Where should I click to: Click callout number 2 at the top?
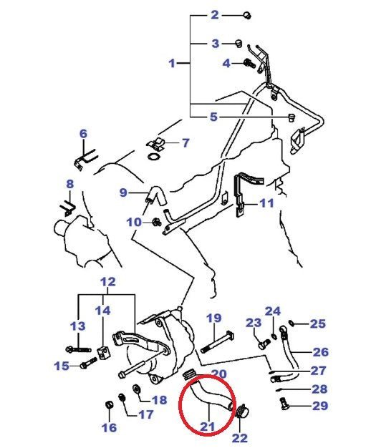coord(215,14)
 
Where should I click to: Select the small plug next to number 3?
coord(238,43)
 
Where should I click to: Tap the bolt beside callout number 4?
coord(250,63)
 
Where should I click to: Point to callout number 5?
coord(214,117)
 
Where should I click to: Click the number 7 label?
coord(185,142)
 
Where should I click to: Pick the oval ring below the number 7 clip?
coord(154,157)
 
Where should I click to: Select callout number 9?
coord(123,193)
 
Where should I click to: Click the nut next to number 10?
coord(156,222)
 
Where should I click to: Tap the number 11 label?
coord(266,203)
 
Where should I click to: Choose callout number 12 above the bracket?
coord(108,282)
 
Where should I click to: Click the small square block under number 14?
coord(103,352)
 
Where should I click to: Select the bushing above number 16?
coord(110,404)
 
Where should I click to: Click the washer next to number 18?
coord(135,389)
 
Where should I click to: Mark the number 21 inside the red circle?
coord(208,427)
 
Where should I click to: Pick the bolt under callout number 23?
coord(264,344)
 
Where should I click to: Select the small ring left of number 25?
coord(291,323)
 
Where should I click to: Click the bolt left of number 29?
coord(284,403)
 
